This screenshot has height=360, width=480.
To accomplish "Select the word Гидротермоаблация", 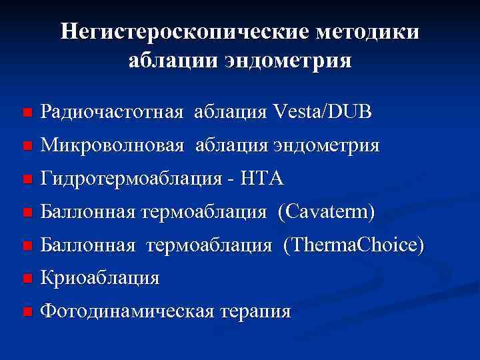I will [130, 179].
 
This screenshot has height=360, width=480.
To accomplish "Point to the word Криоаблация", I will [100, 278].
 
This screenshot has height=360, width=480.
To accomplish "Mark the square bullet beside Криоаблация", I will [26, 279].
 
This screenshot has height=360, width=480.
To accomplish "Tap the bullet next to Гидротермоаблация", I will [26, 180].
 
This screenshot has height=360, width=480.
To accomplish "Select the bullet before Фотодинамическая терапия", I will [26, 313].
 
